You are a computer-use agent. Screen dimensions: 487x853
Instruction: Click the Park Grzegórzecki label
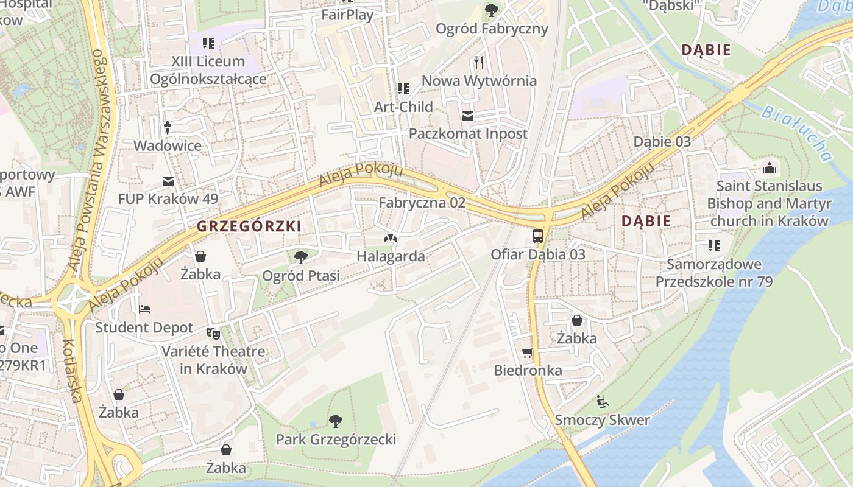point(336,440)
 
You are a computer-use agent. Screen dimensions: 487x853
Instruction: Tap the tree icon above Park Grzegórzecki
point(335,421)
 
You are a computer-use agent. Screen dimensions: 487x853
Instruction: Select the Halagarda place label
point(391,256)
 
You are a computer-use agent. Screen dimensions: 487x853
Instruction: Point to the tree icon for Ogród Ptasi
point(300,257)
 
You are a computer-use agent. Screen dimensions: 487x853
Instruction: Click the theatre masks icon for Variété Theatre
point(213,333)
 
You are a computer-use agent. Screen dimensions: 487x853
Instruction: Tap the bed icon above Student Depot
point(144,309)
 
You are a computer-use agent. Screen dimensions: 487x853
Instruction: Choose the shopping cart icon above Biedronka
point(528,352)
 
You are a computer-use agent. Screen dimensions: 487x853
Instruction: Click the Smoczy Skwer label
point(602,420)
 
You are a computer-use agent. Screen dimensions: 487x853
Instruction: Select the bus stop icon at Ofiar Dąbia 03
point(538,236)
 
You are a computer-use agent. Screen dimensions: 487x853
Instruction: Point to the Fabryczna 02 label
point(422,203)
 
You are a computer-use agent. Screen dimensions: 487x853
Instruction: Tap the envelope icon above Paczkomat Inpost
point(468,116)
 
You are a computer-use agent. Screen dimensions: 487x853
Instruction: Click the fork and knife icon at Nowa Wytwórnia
point(479,62)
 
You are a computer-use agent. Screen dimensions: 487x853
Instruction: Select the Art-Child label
point(403,107)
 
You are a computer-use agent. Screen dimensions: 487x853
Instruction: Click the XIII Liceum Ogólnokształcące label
point(208,70)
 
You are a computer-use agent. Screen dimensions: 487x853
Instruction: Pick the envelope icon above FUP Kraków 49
point(168,181)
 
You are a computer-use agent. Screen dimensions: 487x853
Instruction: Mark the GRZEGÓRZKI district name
point(249,226)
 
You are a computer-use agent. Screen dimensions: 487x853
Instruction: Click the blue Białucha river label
point(797,133)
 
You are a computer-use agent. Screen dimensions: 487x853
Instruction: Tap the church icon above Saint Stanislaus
point(770,167)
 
